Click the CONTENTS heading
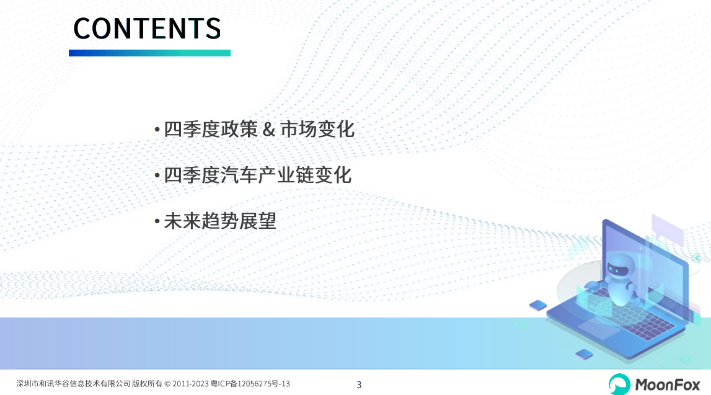pos(147,28)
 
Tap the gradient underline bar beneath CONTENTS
pos(149,53)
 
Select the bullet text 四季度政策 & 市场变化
pos(259,129)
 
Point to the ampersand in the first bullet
pos(269,129)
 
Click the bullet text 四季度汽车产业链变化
pos(257,175)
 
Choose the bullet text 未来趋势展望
pos(220,221)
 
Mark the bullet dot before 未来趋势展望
pos(157,221)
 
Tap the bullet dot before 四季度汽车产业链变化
pos(157,175)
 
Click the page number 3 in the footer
pos(359,385)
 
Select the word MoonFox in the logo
pos(668,385)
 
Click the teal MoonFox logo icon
pos(619,384)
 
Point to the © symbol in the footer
pos(167,384)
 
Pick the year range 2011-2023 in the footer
pos(190,384)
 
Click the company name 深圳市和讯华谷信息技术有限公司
pos(73,384)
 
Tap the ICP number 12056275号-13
pos(263,384)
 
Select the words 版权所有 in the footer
pos(147,384)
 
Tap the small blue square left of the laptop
pos(538,305)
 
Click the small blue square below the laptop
pos(584,353)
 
